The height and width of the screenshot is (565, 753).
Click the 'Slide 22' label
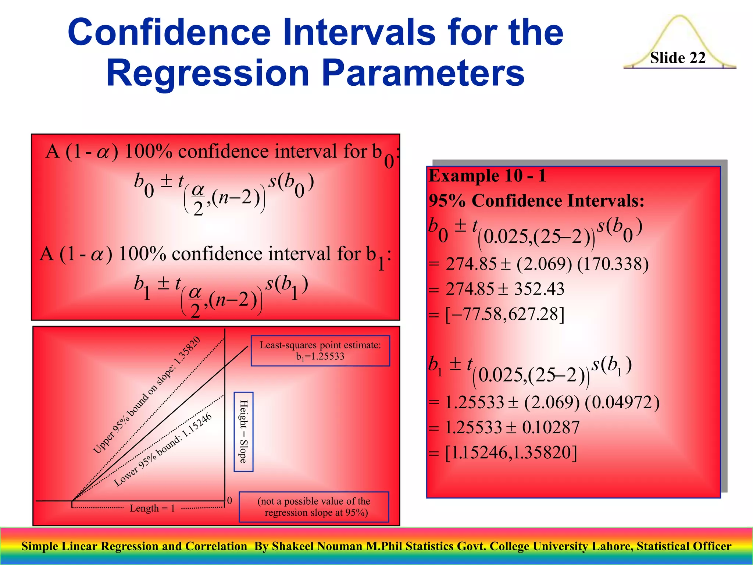[678, 58]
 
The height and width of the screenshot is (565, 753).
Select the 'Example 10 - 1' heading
[487, 176]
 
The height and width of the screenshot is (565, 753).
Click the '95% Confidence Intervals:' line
[536, 201]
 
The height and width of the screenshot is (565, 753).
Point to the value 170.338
[613, 264]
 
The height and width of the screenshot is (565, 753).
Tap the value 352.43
[539, 289]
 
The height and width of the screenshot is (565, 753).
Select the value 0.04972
[622, 402]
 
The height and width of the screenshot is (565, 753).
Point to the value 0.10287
[550, 427]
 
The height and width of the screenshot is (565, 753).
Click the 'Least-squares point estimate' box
[320, 351]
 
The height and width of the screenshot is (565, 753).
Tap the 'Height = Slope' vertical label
[243, 431]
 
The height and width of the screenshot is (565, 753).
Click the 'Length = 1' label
[152, 508]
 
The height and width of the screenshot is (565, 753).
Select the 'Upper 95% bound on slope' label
[146, 395]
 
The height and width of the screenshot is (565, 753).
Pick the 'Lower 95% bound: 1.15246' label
[163, 450]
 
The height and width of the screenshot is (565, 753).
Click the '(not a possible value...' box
[314, 507]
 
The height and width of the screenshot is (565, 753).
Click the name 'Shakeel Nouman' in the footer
[317, 546]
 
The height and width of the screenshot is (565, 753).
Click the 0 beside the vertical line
[230, 500]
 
